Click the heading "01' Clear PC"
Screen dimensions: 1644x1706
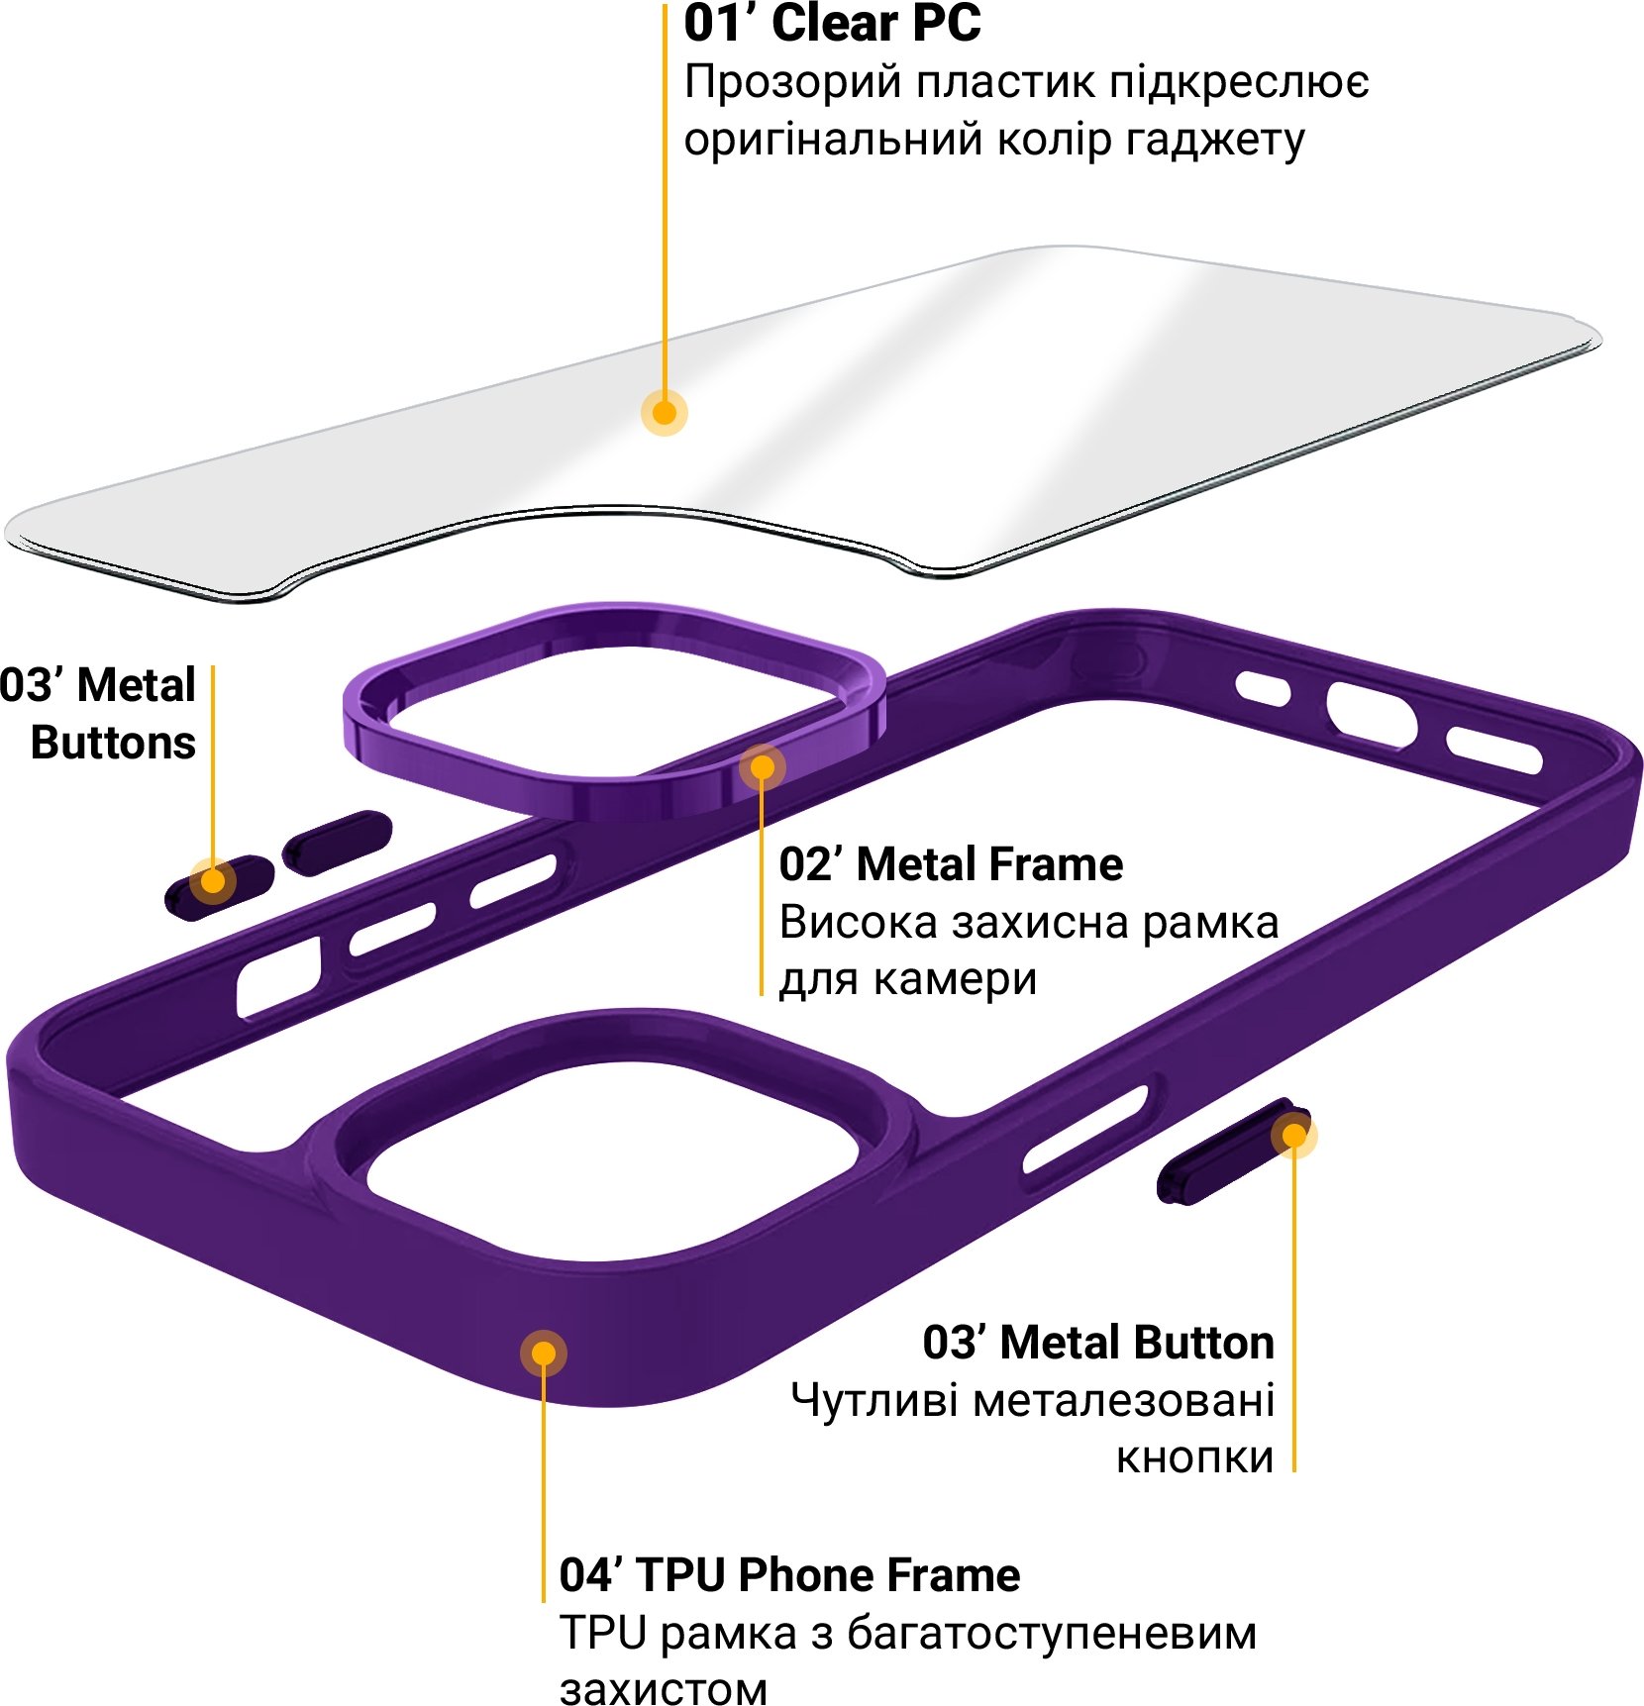pyautogui.click(x=832, y=24)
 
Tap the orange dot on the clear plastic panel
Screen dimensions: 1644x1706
pyautogui.click(x=665, y=412)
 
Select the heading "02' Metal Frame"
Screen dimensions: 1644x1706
pyautogui.click(x=951, y=864)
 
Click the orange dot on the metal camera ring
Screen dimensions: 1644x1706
pyautogui.click(x=762, y=767)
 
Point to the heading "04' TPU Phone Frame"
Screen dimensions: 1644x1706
pyautogui.click(x=789, y=1574)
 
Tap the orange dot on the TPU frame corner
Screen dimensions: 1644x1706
pyautogui.click(x=543, y=1353)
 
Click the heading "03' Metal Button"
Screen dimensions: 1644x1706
pyautogui.click(x=1098, y=1343)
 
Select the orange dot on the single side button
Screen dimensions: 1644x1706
pyautogui.click(x=1293, y=1135)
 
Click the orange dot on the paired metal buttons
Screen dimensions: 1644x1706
pyautogui.click(x=212, y=880)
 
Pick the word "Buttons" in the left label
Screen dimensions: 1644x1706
pyautogui.click(x=113, y=743)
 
